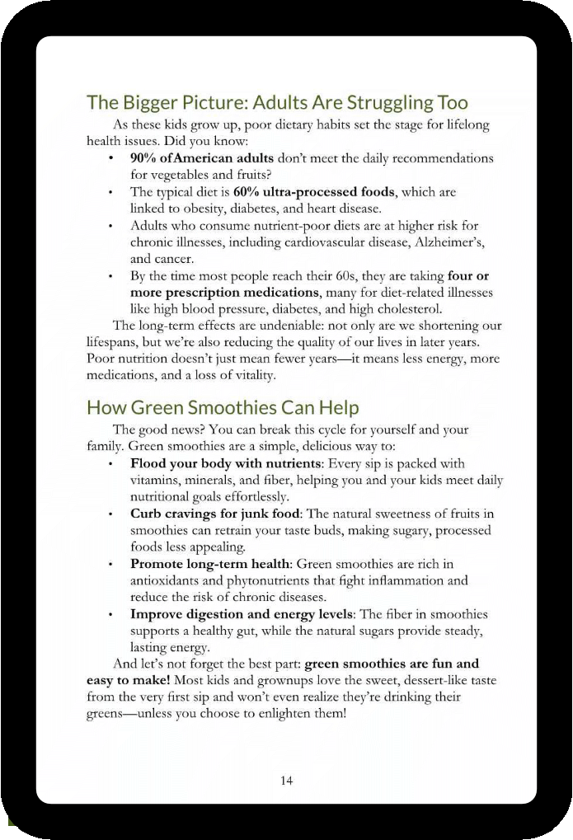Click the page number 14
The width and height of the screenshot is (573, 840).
tap(286, 780)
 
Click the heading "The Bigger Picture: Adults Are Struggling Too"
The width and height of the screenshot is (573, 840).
tap(277, 103)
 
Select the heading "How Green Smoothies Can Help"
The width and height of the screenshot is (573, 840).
tap(223, 407)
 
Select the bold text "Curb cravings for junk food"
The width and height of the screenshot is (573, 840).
tap(215, 514)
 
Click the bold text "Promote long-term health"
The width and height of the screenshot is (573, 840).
tap(210, 564)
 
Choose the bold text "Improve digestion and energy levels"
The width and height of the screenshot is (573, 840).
tap(242, 614)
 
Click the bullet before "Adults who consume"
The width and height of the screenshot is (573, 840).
tap(110, 225)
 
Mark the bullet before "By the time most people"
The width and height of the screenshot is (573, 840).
tap(110, 275)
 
